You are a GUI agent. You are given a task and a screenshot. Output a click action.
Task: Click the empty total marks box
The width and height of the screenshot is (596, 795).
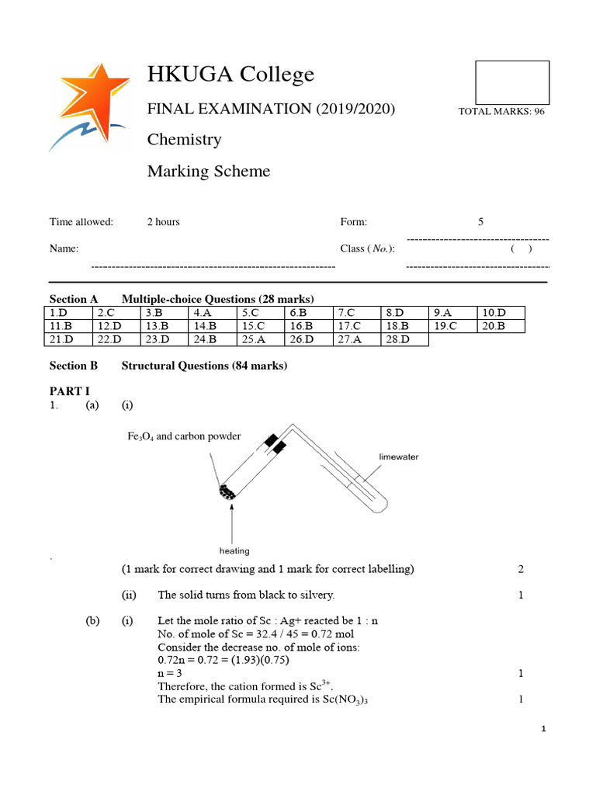click(511, 82)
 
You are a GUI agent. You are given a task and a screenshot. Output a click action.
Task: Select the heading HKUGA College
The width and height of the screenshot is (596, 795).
click(231, 75)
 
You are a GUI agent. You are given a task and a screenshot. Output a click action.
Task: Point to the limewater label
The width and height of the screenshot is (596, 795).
click(398, 457)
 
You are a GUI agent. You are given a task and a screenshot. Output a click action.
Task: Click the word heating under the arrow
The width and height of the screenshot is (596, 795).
click(234, 551)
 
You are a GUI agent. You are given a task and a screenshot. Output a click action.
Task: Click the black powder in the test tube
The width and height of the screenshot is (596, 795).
click(227, 492)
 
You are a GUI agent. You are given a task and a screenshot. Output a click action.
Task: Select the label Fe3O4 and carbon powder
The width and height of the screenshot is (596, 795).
click(184, 436)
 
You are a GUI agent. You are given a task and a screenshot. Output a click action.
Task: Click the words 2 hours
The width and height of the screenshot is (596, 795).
click(163, 222)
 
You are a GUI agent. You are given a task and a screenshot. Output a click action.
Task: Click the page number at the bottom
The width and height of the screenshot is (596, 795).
click(544, 730)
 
